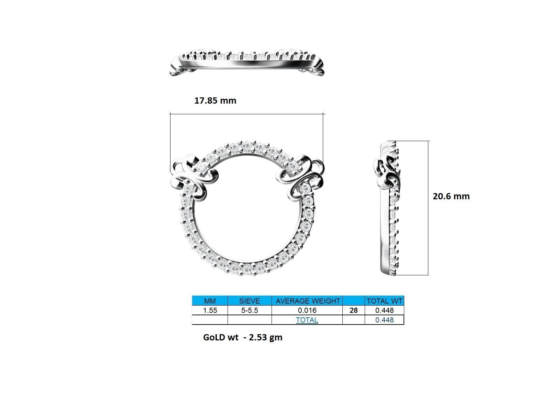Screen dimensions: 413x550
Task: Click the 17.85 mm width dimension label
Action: click(215, 100)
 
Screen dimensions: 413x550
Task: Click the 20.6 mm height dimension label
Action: click(451, 196)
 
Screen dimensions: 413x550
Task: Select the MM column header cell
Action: click(210, 301)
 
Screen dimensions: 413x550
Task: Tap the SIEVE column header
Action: click(250, 301)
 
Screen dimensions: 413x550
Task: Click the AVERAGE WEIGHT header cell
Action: click(307, 301)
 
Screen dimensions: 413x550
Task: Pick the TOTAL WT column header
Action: click(384, 301)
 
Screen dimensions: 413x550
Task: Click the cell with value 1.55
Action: click(210, 310)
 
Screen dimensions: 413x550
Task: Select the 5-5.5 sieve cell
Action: click(250, 310)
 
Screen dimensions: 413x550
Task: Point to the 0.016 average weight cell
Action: click(307, 310)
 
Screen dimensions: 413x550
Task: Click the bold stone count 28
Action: click(353, 310)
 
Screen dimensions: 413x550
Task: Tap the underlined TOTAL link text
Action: click(307, 320)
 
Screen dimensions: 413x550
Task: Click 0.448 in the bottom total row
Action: click(384, 320)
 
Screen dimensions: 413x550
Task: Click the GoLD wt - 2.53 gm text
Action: click(243, 337)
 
